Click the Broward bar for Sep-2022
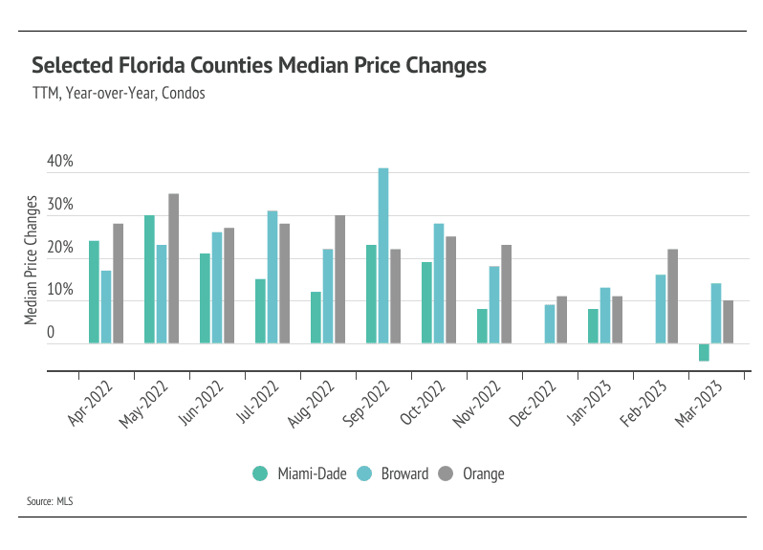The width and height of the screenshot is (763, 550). [383, 255]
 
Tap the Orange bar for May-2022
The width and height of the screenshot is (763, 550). [173, 269]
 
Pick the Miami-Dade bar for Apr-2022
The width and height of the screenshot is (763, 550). [94, 292]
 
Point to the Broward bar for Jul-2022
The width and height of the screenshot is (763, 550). [272, 276]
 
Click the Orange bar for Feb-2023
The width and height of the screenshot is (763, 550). [672, 296]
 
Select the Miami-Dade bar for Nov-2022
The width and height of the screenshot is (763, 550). [482, 326]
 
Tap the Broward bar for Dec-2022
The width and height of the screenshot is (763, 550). [550, 324]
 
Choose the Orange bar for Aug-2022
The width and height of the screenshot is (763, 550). [339, 279]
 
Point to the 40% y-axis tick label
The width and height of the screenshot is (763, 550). [59, 162]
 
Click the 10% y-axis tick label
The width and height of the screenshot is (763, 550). [59, 289]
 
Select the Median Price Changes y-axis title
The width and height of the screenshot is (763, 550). [33, 259]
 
